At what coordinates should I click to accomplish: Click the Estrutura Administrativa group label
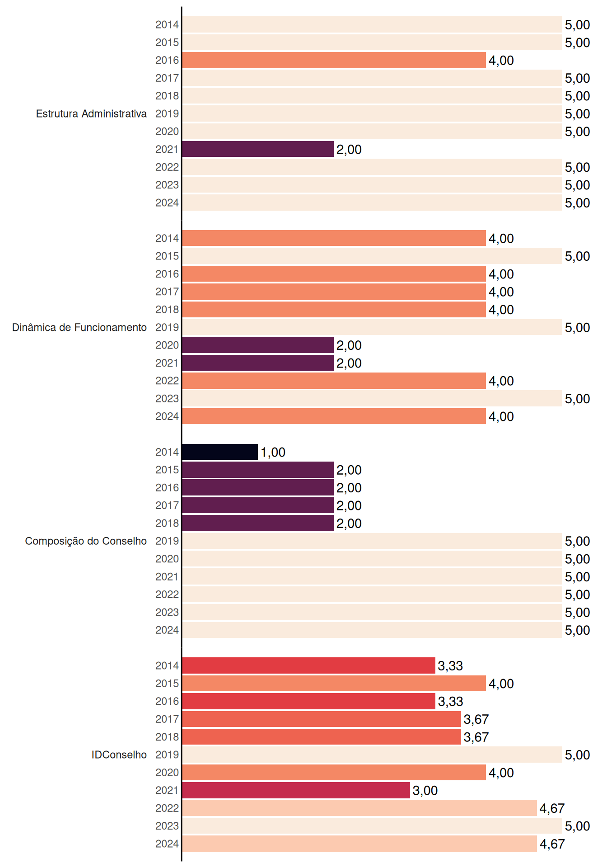pyautogui.click(x=91, y=113)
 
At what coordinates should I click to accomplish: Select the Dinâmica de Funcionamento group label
pyautogui.click(x=79, y=327)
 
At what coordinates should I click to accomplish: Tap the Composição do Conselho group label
pyautogui.click(x=86, y=541)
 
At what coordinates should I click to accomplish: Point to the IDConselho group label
pyautogui.click(x=119, y=755)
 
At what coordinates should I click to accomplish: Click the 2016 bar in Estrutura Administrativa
pyautogui.click(x=334, y=60)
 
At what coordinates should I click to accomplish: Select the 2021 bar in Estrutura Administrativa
pyautogui.click(x=258, y=149)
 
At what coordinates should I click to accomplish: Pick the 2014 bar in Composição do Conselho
pyautogui.click(x=220, y=452)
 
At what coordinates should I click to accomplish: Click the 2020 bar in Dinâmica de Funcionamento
pyautogui.click(x=258, y=345)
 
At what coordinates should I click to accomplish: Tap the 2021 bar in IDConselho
pyautogui.click(x=296, y=790)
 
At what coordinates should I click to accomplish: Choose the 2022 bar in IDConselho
pyautogui.click(x=360, y=808)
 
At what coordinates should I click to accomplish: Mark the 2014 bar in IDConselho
pyautogui.click(x=309, y=665)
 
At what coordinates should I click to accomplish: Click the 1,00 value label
pyautogui.click(x=273, y=452)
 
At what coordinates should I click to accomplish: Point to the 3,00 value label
pyautogui.click(x=425, y=790)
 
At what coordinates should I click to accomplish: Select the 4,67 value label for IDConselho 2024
pyautogui.click(x=552, y=844)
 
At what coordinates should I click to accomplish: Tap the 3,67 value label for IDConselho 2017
pyautogui.click(x=476, y=719)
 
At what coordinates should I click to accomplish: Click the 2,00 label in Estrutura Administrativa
pyautogui.click(x=349, y=150)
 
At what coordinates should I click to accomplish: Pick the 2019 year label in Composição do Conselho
pyautogui.click(x=167, y=541)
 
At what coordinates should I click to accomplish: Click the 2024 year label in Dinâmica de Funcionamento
pyautogui.click(x=167, y=416)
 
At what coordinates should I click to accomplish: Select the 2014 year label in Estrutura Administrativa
pyautogui.click(x=167, y=25)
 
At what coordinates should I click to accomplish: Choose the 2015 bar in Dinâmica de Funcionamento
pyautogui.click(x=372, y=256)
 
